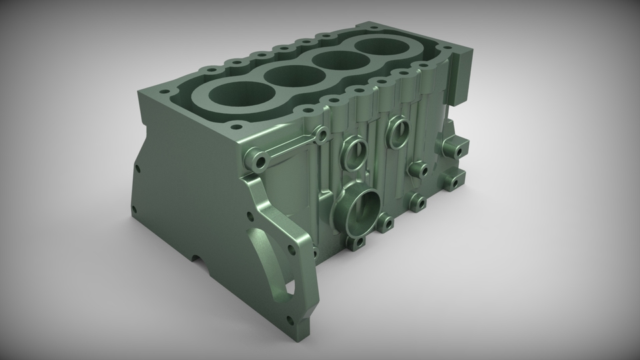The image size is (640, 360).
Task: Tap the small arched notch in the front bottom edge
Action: [x=200, y=261]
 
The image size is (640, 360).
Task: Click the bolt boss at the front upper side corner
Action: [x=259, y=161]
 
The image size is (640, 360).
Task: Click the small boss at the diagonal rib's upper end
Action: [x=321, y=135]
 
